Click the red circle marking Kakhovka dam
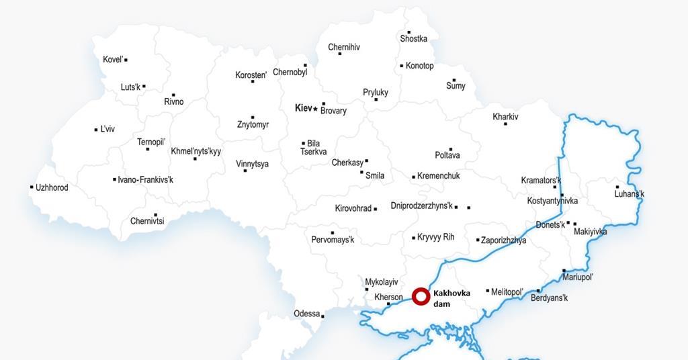[x=421, y=296]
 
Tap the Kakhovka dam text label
[x=451, y=298]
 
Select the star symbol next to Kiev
[x=315, y=109]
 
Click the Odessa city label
[x=307, y=314]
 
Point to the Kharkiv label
[x=505, y=117]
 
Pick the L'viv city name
[x=107, y=129]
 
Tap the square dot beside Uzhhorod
[x=32, y=187]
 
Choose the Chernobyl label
[x=290, y=73]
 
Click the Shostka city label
[x=413, y=39]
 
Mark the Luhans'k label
[x=630, y=195]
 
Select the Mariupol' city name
[x=578, y=277]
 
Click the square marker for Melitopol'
[x=488, y=291]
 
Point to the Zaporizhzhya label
[x=504, y=240]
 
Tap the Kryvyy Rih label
[x=436, y=237]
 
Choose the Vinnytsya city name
[x=252, y=164]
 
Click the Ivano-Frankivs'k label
[x=145, y=180]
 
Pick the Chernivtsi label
[x=147, y=221]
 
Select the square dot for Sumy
[x=454, y=80]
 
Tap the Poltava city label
[x=447, y=156]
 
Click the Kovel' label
[x=113, y=60]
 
